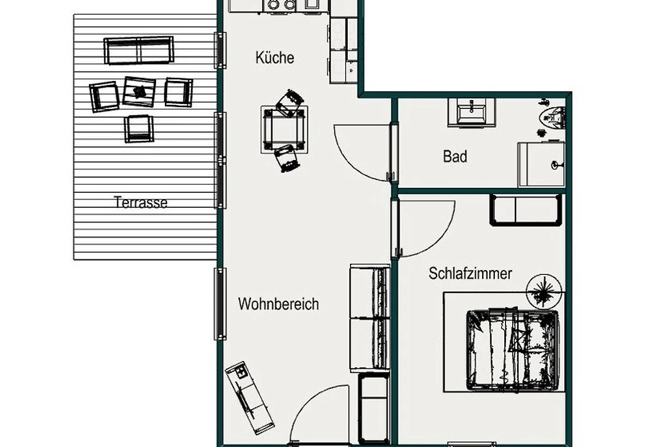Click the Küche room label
pos(275,58)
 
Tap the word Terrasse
pos(140,202)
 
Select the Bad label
pos(455,156)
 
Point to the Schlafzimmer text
pos(470,273)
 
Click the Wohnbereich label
pos(278,304)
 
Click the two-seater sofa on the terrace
pos(139,50)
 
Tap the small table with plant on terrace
pos(139,92)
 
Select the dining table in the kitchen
pos(284,129)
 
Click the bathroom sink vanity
pos(471,112)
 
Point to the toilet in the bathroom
pos(552,118)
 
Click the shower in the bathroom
pos(542,164)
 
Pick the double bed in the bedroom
pos(513,350)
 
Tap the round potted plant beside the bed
pos(544,292)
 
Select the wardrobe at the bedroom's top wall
pos(526,210)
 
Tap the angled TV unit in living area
pos(249,398)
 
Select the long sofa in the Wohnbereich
pos(370,318)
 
